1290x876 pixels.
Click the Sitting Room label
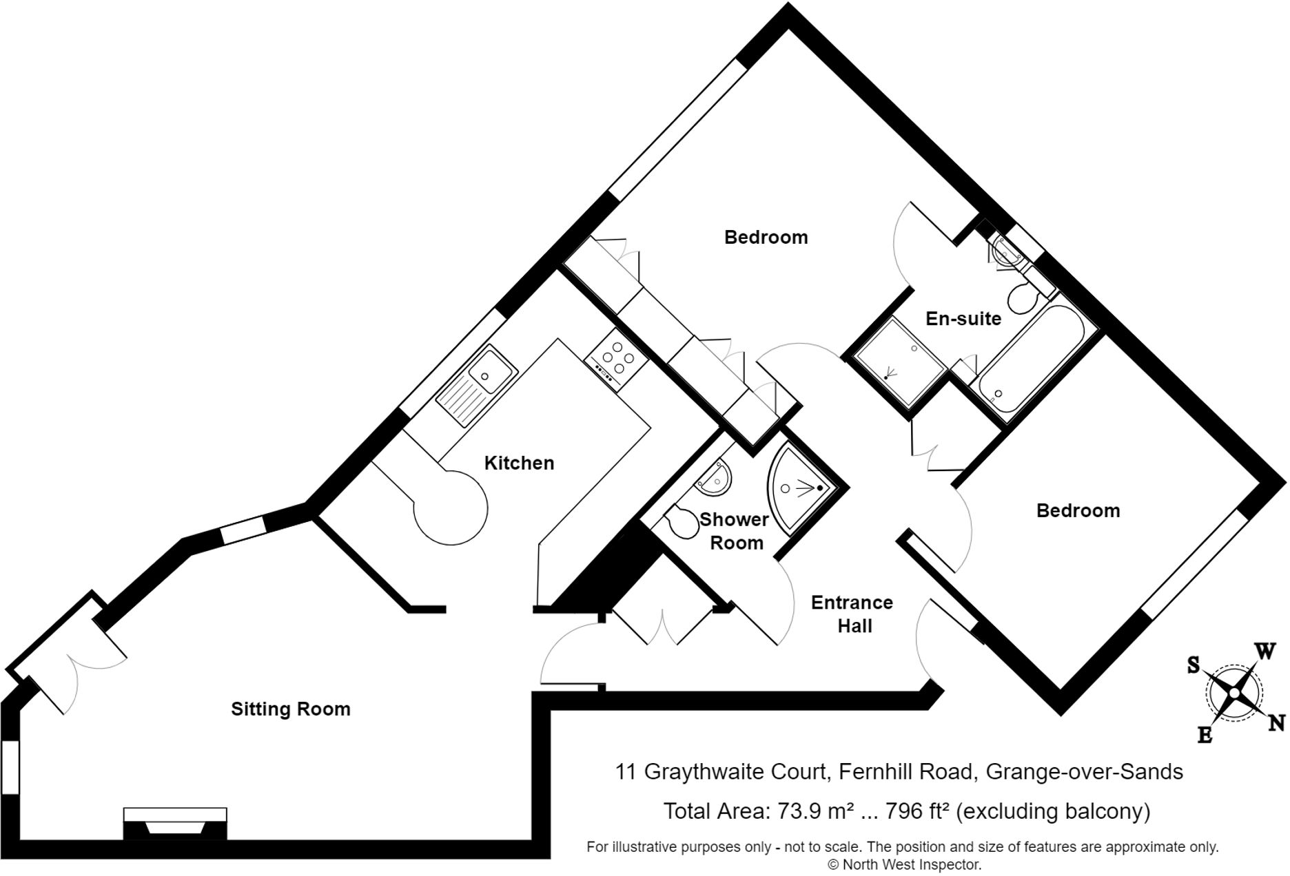[290, 709]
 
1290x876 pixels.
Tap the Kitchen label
[519, 463]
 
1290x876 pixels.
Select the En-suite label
[963, 319]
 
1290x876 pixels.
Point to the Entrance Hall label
[852, 614]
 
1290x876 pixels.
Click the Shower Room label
[735, 531]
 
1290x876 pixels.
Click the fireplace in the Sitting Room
[175, 824]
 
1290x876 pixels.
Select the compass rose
[1233, 693]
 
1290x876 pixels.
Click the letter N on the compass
[1276, 722]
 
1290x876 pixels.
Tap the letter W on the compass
[1263, 651]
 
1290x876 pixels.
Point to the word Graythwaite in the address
[733, 771]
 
